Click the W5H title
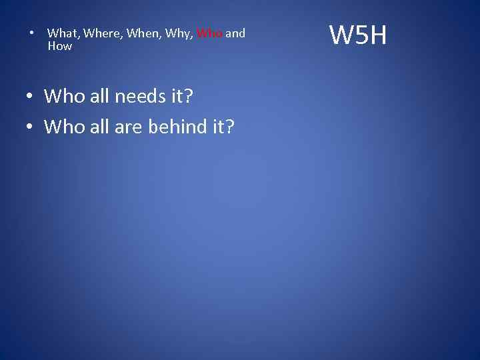[358, 35]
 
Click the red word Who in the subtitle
[209, 33]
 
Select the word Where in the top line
[102, 33]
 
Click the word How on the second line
[59, 46]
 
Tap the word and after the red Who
[235, 33]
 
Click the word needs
[139, 97]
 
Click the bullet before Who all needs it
[31, 97]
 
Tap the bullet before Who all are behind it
[31, 126]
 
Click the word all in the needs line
[98, 97]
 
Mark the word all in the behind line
[98, 126]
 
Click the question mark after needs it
[188, 97]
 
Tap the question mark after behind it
[229, 126]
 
